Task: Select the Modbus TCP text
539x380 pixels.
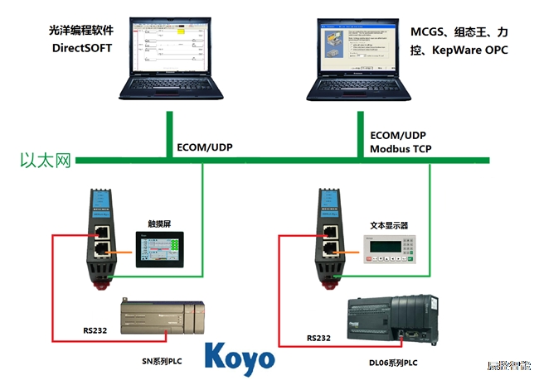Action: (x=401, y=149)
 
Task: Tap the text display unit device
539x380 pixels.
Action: (x=386, y=252)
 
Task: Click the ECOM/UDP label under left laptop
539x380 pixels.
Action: (x=205, y=148)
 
